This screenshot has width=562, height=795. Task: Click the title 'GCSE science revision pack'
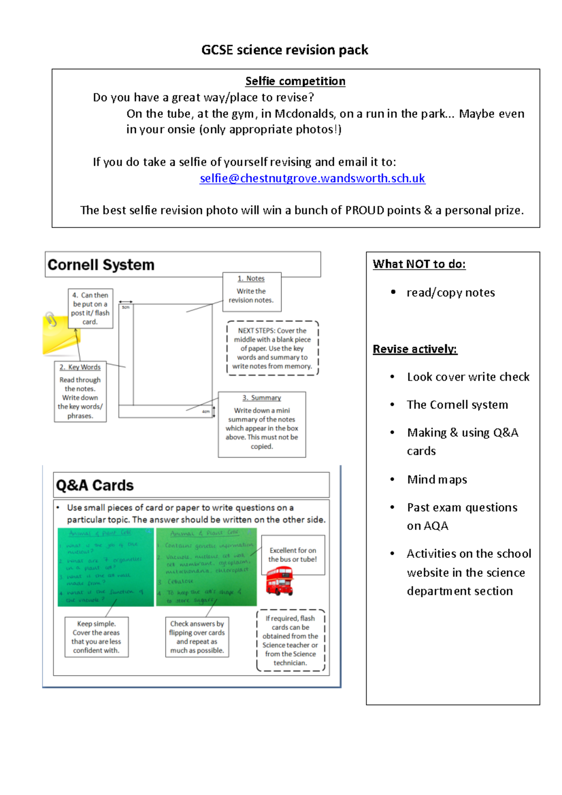click(284, 50)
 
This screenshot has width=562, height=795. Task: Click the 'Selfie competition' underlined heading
click(295, 81)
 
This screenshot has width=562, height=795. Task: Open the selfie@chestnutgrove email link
click(312, 178)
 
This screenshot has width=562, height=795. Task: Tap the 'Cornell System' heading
click(101, 265)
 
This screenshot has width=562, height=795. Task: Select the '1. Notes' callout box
click(252, 292)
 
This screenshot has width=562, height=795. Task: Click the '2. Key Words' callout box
click(80, 391)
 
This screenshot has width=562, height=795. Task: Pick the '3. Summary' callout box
click(262, 424)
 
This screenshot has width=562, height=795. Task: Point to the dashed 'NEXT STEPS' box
click(273, 348)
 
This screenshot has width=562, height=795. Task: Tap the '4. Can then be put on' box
click(90, 308)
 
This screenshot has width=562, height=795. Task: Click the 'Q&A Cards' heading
click(95, 485)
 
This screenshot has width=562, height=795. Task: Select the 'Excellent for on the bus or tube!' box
click(293, 554)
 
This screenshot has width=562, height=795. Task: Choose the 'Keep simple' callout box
click(96, 637)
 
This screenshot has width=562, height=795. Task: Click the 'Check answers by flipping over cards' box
click(197, 637)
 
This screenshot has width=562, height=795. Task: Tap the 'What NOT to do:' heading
click(419, 264)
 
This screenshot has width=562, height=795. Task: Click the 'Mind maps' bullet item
click(437, 479)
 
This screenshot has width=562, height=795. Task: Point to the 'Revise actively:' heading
click(415, 349)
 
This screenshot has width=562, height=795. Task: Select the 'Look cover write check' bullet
click(468, 377)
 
